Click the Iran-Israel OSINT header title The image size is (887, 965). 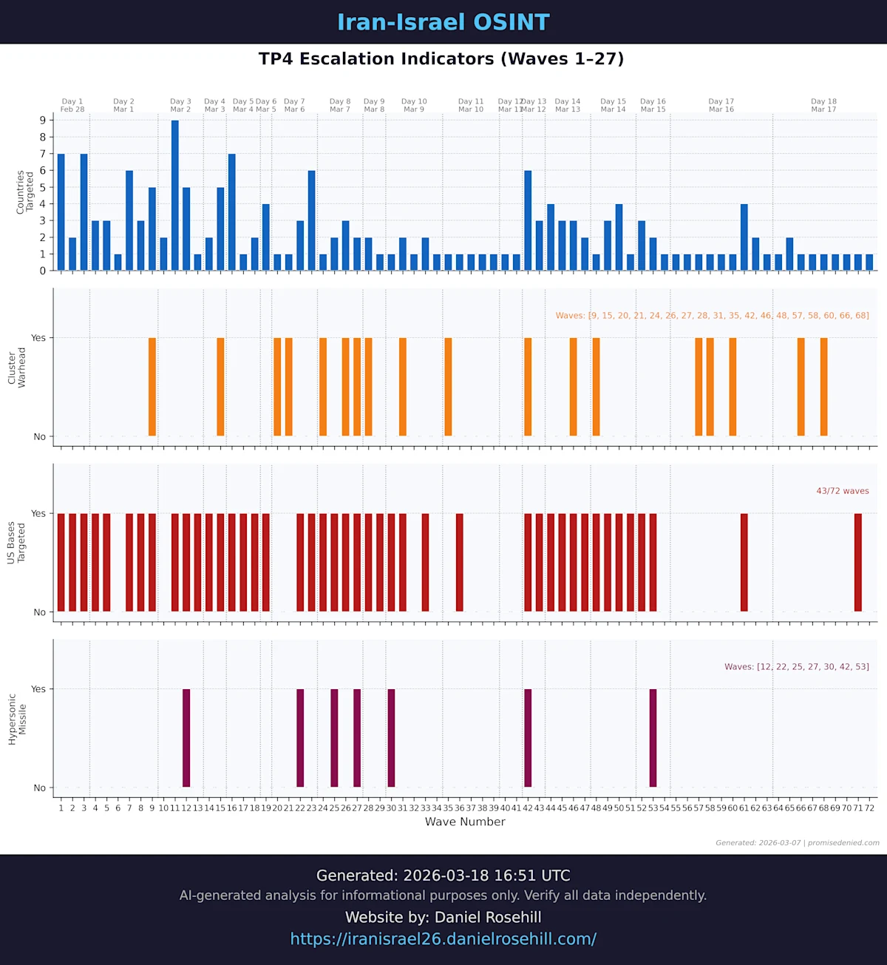click(x=443, y=22)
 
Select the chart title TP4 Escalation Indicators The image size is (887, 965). click(x=441, y=59)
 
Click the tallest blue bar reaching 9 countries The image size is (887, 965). click(x=175, y=195)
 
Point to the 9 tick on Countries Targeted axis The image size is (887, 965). click(x=43, y=121)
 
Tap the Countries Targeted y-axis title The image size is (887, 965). click(x=25, y=192)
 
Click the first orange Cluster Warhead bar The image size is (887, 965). click(x=152, y=387)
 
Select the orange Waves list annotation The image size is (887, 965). click(x=712, y=316)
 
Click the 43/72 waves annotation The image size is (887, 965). click(x=842, y=491)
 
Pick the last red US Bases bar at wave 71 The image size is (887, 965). click(x=858, y=562)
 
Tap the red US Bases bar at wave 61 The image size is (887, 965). click(x=744, y=562)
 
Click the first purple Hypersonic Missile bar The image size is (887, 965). click(x=186, y=738)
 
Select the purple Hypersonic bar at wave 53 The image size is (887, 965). click(x=653, y=738)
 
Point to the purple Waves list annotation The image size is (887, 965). click(x=796, y=667)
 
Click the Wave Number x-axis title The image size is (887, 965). click(x=465, y=822)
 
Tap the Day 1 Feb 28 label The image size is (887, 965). click(x=72, y=106)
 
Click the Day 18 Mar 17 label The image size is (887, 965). click(x=823, y=106)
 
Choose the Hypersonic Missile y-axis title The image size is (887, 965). click(x=17, y=719)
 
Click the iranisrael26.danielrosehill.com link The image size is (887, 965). click(x=443, y=939)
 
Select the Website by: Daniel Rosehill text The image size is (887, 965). click(x=443, y=918)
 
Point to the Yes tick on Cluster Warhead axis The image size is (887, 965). click(x=38, y=338)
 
